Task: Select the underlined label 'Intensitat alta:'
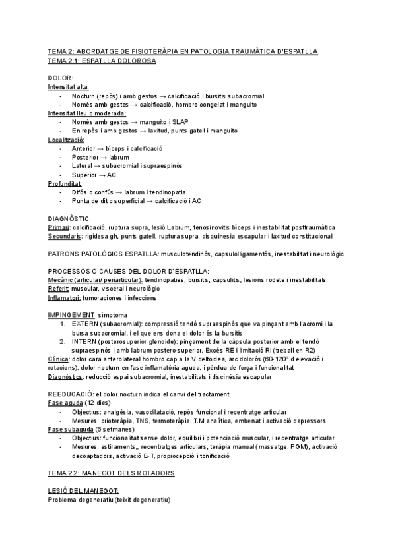[x=69, y=87]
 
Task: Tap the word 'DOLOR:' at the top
[x=61, y=78]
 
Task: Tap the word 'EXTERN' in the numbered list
[x=84, y=324]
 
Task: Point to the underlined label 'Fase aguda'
[x=65, y=403]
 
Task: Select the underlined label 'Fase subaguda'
[x=71, y=428]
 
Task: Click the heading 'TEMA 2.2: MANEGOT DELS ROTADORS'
[x=111, y=473]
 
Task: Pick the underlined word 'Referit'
[x=59, y=289]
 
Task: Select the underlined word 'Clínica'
[x=60, y=359]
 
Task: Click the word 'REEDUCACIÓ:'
[x=71, y=394]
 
